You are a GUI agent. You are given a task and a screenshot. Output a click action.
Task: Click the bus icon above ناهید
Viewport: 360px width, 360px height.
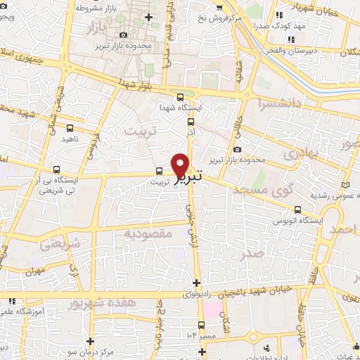coord(70,128)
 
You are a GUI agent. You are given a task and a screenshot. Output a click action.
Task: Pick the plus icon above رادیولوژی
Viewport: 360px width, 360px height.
coord(196,283)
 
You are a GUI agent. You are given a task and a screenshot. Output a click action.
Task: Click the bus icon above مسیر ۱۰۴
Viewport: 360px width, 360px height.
coord(202,325)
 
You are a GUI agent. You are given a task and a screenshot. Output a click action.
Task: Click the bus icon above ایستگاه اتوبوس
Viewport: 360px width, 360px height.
coord(298,209)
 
